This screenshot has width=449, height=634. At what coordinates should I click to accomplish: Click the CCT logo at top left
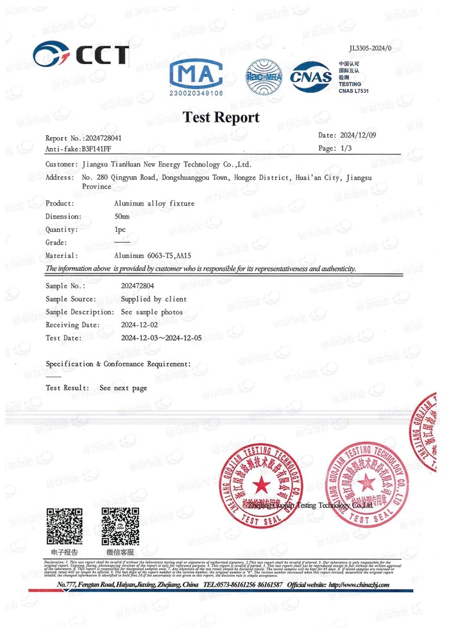point(81,54)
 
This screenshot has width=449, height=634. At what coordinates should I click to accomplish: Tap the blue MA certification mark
point(199,79)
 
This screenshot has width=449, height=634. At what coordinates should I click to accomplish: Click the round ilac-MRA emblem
point(264,78)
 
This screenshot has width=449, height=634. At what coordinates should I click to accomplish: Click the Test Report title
point(221,117)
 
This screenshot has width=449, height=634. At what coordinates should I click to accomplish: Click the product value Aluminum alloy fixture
point(154,204)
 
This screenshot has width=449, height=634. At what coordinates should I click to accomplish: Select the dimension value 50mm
point(122,216)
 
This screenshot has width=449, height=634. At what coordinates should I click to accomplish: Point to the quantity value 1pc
point(119,229)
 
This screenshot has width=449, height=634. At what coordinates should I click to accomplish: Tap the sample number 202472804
point(137,286)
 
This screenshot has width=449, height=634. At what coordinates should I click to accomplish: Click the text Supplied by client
point(154,299)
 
